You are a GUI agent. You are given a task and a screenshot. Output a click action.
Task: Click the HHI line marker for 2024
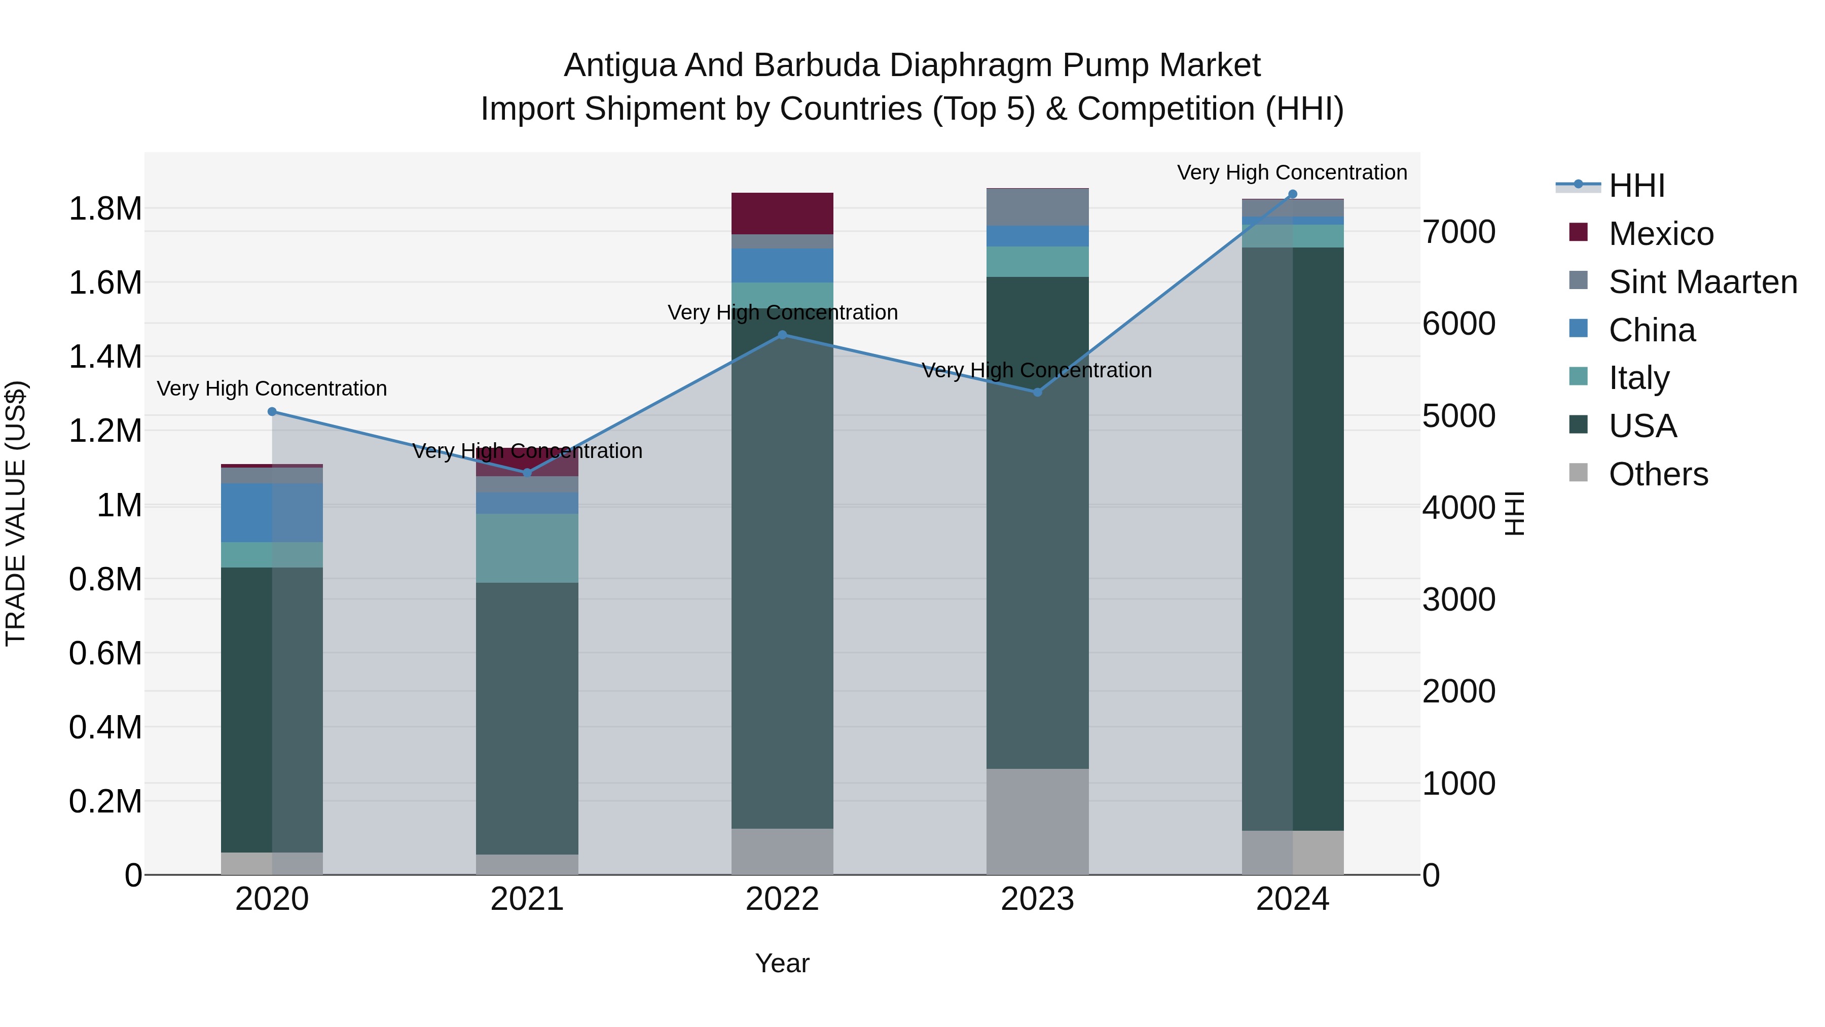click(x=1292, y=194)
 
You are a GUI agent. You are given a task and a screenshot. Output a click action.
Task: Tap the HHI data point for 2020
click(x=272, y=412)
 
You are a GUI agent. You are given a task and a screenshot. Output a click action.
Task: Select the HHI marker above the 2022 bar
click(x=782, y=335)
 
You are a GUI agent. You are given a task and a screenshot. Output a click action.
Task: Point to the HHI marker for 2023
click(x=1037, y=392)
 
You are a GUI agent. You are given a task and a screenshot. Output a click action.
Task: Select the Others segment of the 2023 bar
click(x=1037, y=822)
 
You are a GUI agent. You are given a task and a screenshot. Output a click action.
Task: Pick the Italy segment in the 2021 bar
click(x=527, y=548)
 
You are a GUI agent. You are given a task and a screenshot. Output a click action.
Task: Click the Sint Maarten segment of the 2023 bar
click(x=1037, y=207)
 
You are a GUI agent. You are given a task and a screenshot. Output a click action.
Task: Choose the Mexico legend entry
click(x=1661, y=234)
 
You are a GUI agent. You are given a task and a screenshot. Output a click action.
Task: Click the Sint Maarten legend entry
click(x=1702, y=282)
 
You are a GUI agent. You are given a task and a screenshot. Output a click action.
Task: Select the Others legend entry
click(x=1658, y=474)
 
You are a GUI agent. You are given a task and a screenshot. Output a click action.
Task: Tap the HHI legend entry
click(x=1636, y=186)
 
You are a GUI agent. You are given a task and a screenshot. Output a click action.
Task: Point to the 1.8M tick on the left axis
click(x=105, y=209)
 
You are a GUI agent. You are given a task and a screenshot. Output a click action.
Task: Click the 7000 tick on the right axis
click(x=1458, y=232)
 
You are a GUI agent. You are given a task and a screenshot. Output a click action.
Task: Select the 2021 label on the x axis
click(x=527, y=899)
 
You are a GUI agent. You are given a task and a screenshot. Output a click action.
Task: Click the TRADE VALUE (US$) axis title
click(x=16, y=513)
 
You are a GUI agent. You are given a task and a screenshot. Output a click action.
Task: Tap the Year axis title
click(x=782, y=963)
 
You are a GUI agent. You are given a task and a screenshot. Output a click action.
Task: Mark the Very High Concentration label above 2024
click(x=1292, y=172)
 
